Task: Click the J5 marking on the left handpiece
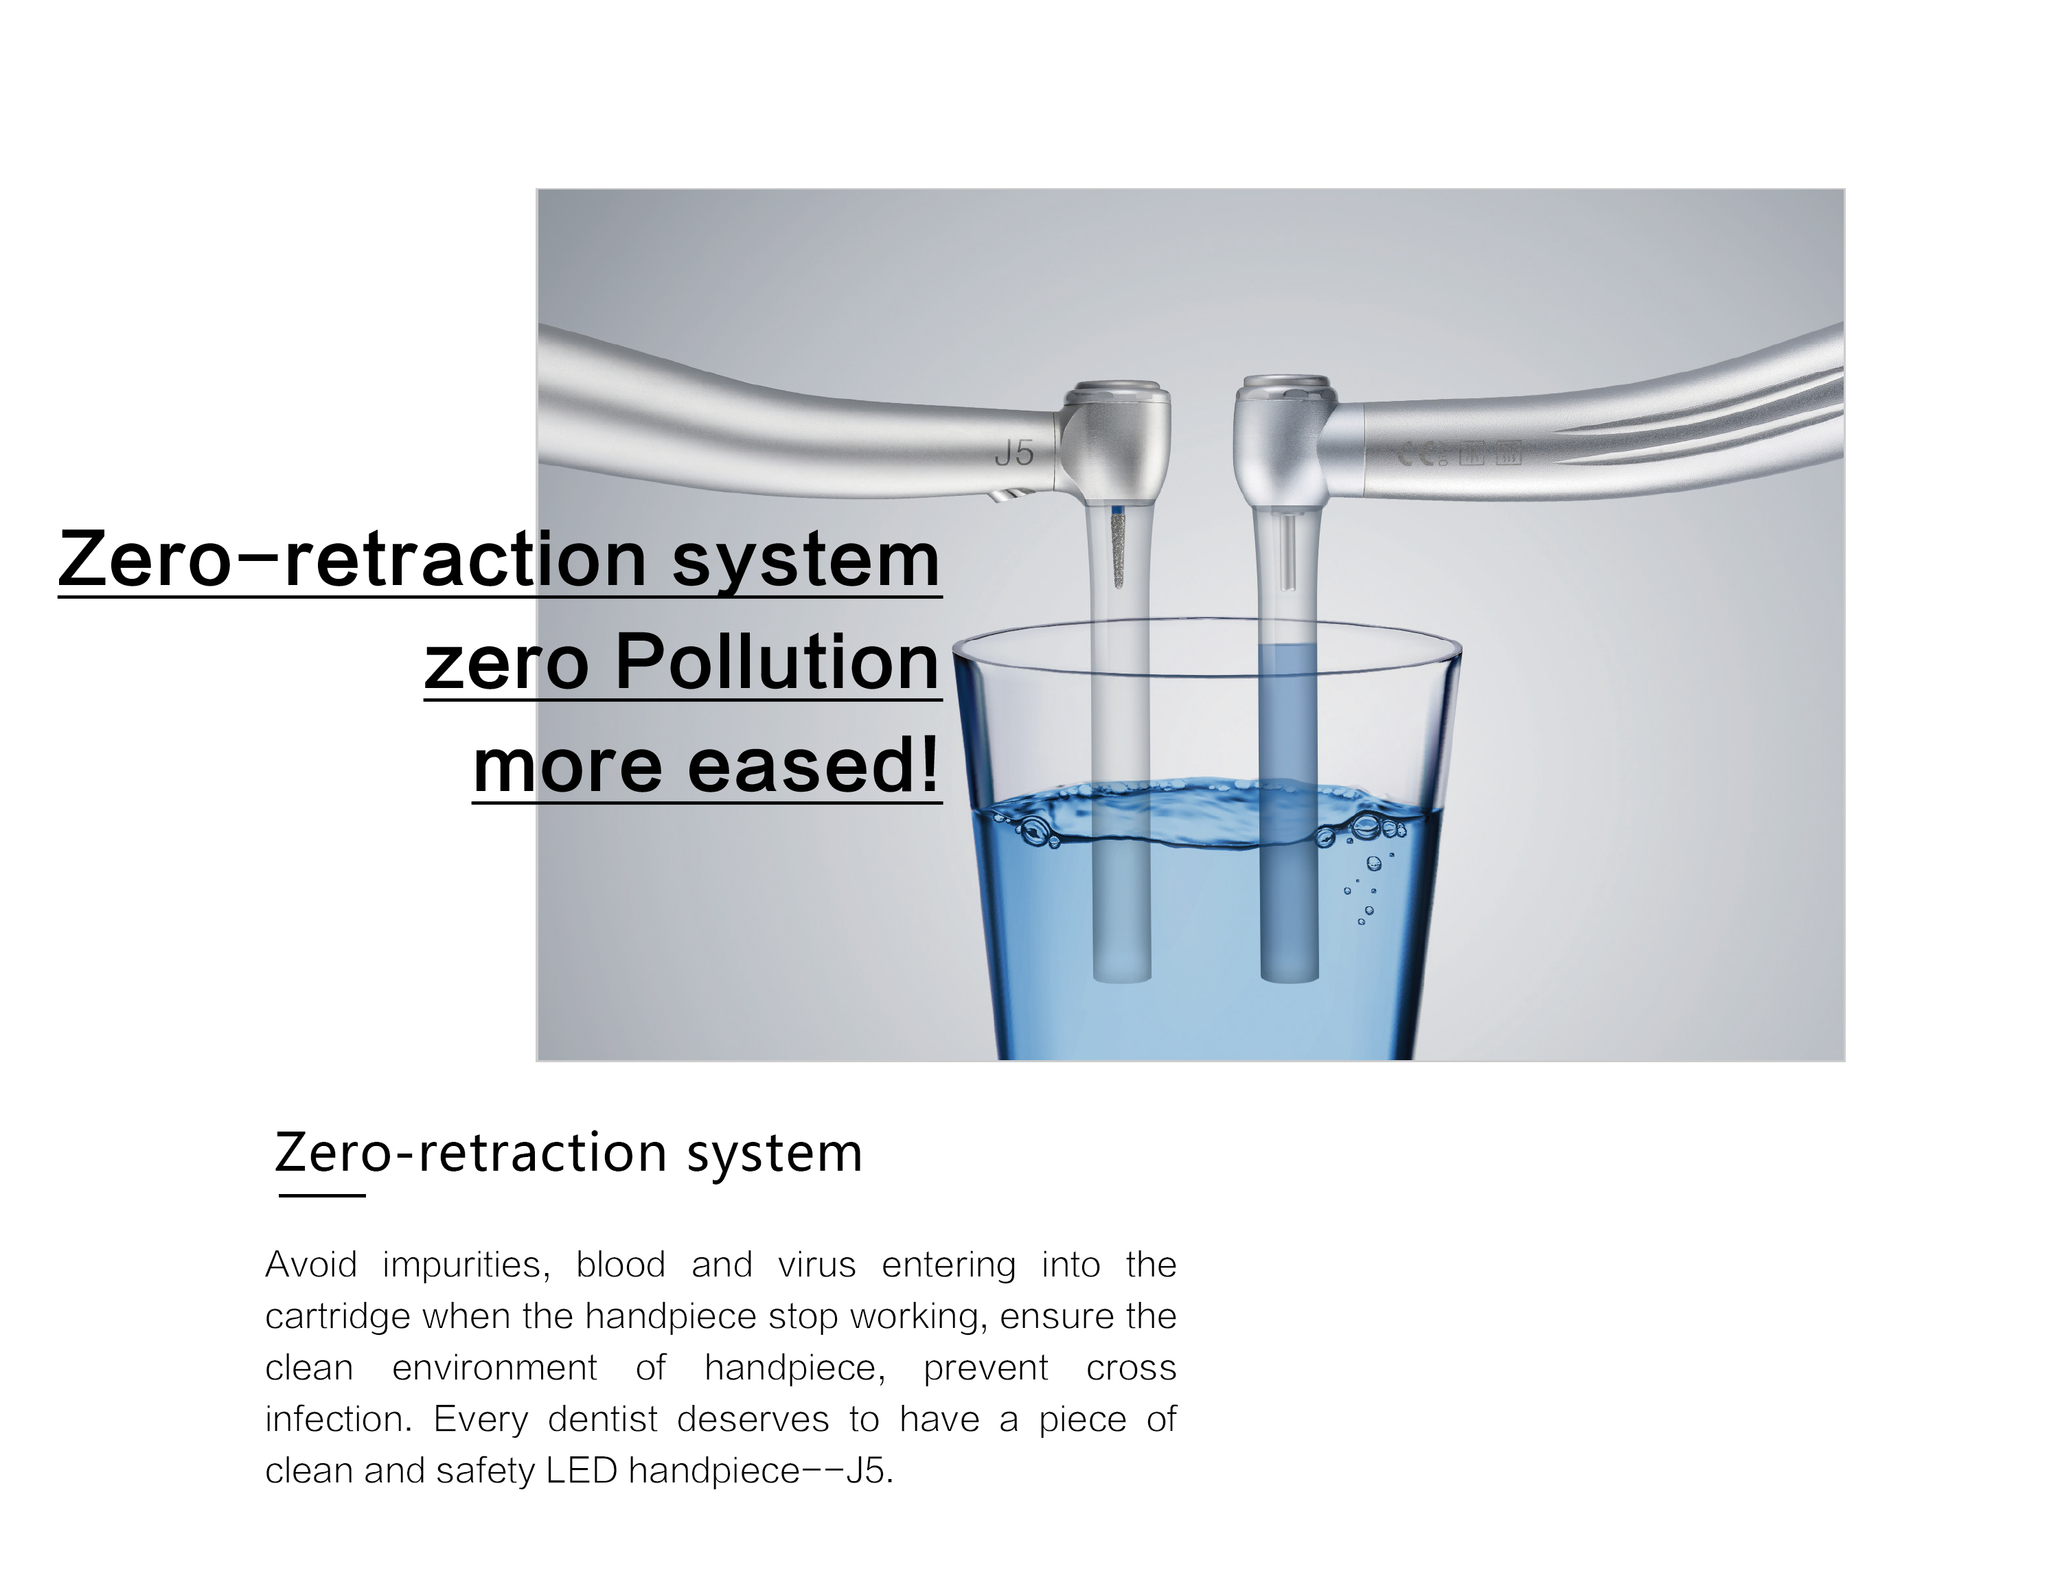tap(1015, 454)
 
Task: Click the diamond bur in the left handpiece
tap(1119, 548)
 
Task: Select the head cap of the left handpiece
tap(1119, 391)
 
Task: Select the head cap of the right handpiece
tap(1287, 386)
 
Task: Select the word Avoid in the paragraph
tap(311, 1265)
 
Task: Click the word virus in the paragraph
tap(817, 1265)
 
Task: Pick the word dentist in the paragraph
tap(603, 1419)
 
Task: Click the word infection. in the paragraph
tap(339, 1419)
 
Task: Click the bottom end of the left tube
tap(1121, 981)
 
